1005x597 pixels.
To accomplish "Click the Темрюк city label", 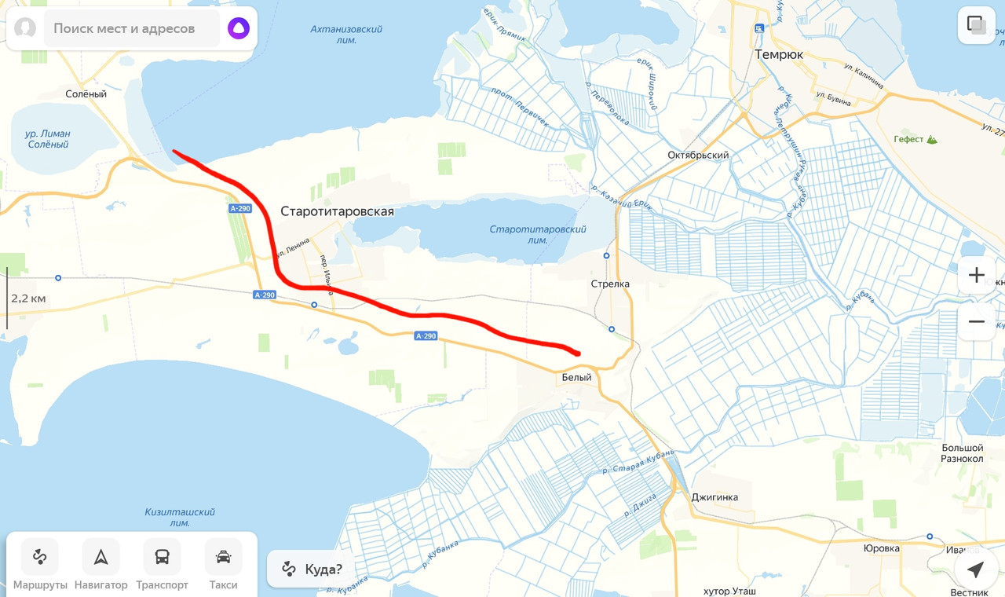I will tap(778, 55).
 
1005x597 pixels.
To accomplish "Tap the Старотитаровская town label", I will tap(337, 211).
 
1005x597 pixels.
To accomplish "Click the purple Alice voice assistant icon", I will tap(238, 28).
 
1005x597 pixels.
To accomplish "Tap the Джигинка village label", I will tap(714, 497).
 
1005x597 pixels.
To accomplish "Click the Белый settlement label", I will tap(576, 378).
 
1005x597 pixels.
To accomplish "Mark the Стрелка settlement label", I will tap(610, 284).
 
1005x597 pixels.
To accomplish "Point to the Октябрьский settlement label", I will tap(698, 155).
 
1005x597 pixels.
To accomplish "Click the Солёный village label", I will tap(86, 94).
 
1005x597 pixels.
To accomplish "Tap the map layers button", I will tap(976, 25).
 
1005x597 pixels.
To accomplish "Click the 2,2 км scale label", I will tap(28, 298).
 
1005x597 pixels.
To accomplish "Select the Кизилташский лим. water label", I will tap(180, 517).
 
